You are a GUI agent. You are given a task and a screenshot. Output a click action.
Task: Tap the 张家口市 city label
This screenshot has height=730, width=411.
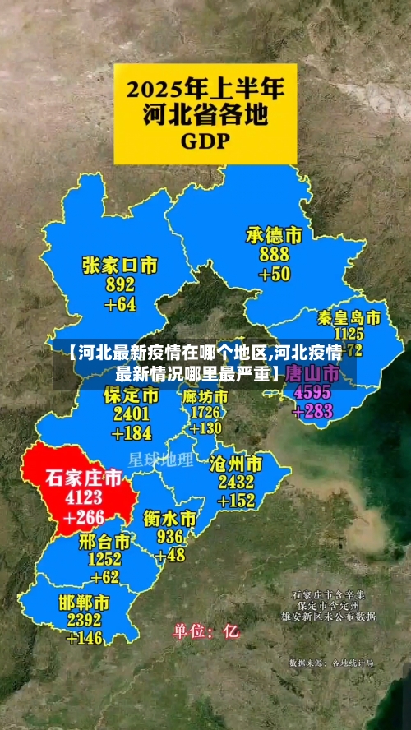120,266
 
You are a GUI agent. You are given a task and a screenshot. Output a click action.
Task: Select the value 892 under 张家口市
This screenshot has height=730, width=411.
120,285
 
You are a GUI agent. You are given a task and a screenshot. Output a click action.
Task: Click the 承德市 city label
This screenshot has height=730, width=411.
274,236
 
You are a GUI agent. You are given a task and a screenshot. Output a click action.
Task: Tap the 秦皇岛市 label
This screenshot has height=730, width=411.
349,317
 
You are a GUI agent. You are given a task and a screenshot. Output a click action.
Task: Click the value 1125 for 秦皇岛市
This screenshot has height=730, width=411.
349,334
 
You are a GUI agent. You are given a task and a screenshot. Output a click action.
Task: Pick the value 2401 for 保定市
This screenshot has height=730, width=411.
132,414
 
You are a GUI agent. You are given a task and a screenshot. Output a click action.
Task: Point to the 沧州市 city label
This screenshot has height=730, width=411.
236,463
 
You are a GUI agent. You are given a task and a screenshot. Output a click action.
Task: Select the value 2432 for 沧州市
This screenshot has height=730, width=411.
236,482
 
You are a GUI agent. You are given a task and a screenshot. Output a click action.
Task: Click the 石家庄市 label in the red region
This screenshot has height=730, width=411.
83,478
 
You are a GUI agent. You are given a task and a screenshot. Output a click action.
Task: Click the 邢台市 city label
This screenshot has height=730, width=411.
104,542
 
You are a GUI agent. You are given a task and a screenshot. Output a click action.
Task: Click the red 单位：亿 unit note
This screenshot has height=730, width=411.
205,632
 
